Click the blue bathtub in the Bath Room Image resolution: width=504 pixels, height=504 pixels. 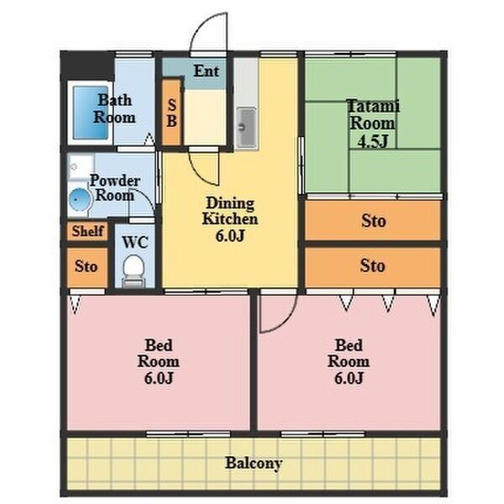pyautogui.click(x=91, y=113)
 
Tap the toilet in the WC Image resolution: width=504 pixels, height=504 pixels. pyautogui.click(x=134, y=270)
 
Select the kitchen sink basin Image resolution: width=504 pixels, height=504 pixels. pyautogui.click(x=246, y=128)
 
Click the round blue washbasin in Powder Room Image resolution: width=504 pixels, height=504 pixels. pyautogui.click(x=79, y=199)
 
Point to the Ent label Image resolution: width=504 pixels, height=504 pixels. pyautogui.click(x=207, y=71)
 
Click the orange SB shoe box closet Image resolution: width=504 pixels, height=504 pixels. pyautogui.click(x=171, y=113)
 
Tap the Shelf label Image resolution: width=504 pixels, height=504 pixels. pyautogui.click(x=87, y=231)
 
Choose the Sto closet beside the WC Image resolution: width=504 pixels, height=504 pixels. pyautogui.click(x=87, y=267)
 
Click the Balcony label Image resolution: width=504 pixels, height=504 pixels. pyautogui.click(x=254, y=463)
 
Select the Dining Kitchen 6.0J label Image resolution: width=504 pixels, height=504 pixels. pyautogui.click(x=230, y=219)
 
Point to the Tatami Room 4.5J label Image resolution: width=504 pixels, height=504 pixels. pyautogui.click(x=373, y=123)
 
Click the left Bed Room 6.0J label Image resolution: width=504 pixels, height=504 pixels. pyautogui.click(x=159, y=361)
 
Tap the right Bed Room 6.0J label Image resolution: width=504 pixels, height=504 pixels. pyautogui.click(x=349, y=361)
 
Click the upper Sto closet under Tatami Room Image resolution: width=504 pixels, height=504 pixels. pyautogui.click(x=373, y=220)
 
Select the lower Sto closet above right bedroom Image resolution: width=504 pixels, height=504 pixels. pyautogui.click(x=373, y=266)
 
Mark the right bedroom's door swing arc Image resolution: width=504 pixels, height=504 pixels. pyautogui.click(x=287, y=322)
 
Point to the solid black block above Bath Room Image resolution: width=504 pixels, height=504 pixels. pyautogui.click(x=87, y=66)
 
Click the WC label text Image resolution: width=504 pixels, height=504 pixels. pyautogui.click(x=135, y=243)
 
